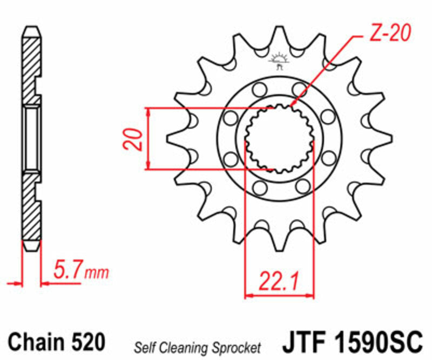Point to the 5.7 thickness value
coord(67,270)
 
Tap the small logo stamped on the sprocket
coord(279,61)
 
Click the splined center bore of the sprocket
coord(279,138)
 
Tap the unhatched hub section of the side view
coord(31,138)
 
